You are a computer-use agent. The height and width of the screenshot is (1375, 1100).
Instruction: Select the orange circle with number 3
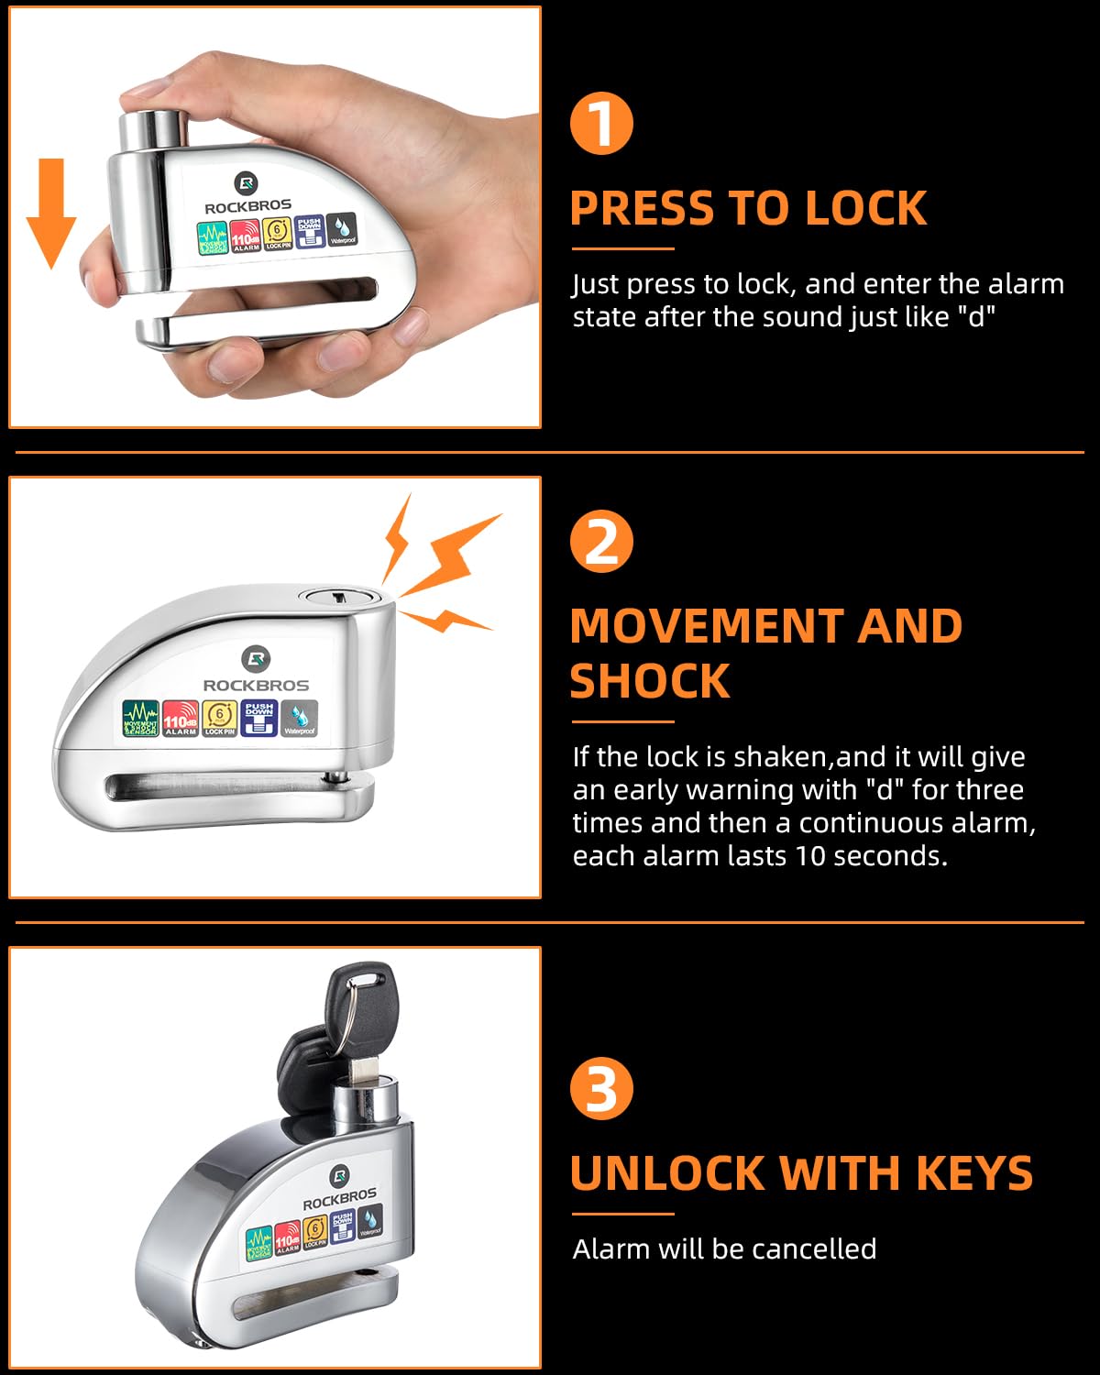(601, 1088)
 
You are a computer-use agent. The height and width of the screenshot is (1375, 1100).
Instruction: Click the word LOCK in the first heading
(865, 209)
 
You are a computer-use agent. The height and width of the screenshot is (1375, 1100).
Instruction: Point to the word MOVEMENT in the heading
(704, 627)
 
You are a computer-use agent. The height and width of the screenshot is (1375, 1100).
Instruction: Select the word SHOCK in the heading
(649, 682)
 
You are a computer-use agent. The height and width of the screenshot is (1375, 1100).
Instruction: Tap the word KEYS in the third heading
(973, 1173)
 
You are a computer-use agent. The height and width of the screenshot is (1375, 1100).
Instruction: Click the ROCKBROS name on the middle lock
(256, 685)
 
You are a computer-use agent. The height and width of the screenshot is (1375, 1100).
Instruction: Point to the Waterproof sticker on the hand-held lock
(343, 229)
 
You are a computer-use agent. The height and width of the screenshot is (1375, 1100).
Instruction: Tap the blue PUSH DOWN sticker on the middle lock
(259, 718)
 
